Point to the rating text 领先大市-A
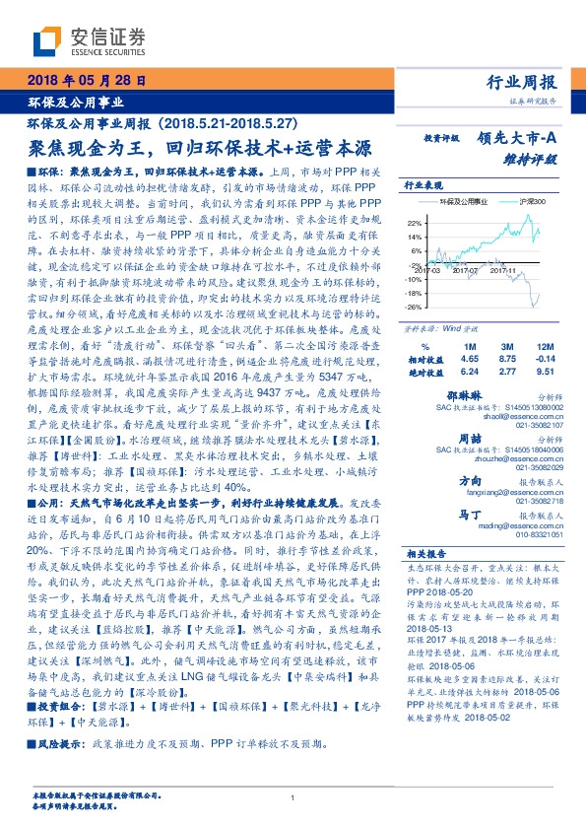[x=521, y=139]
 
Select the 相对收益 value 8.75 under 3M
[x=507, y=362]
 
